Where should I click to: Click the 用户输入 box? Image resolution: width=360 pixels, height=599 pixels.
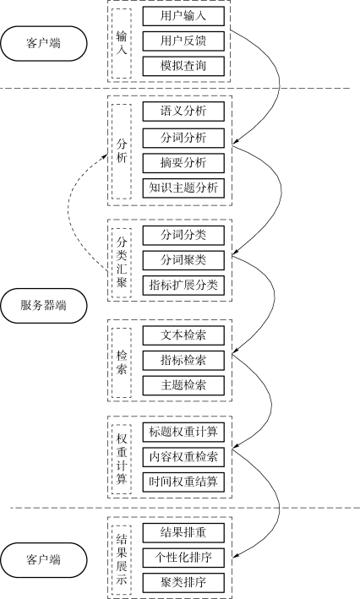183,16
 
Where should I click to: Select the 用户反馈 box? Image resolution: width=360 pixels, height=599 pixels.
183,41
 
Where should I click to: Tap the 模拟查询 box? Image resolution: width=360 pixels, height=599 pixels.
183,66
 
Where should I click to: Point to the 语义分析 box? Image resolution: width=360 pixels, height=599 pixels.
183,112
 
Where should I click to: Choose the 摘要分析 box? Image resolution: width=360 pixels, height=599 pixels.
183,163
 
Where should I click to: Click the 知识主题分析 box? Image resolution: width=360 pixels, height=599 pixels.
183,188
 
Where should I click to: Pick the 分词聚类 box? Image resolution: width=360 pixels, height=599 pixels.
183,260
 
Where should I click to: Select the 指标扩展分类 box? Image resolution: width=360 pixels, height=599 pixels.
183,286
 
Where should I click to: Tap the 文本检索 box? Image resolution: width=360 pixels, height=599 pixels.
183,335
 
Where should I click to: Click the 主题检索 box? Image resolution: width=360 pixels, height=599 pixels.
183,385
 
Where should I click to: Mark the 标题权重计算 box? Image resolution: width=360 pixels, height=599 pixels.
183,432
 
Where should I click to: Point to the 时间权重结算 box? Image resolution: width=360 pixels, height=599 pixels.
183,482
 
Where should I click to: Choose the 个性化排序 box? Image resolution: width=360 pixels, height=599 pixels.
183,558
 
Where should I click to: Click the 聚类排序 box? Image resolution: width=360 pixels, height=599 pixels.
183,583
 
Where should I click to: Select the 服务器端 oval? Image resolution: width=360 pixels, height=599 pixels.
44,306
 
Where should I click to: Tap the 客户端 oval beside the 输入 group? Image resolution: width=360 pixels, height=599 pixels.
44,43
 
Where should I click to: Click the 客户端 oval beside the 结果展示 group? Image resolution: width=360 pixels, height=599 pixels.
44,560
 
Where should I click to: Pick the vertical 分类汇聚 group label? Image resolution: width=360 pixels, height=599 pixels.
122,263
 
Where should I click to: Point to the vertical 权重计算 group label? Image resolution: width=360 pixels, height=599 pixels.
122,459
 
